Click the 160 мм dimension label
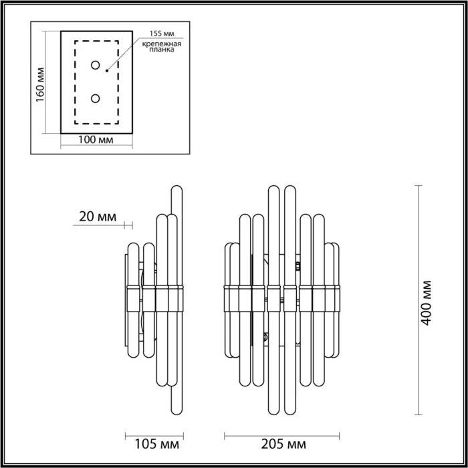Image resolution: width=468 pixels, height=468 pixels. pos(40,84)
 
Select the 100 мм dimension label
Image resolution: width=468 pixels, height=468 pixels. pos(94,140)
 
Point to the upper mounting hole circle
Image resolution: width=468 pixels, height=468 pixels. pos(96,66)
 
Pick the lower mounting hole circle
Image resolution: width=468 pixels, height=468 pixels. pos(96,98)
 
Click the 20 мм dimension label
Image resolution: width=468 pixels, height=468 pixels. pos(98,217)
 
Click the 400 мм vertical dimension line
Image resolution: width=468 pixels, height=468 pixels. pos(419,301)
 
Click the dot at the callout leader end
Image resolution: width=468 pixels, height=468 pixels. pos(107,67)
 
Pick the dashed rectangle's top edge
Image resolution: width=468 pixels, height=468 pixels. pos(96,42)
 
